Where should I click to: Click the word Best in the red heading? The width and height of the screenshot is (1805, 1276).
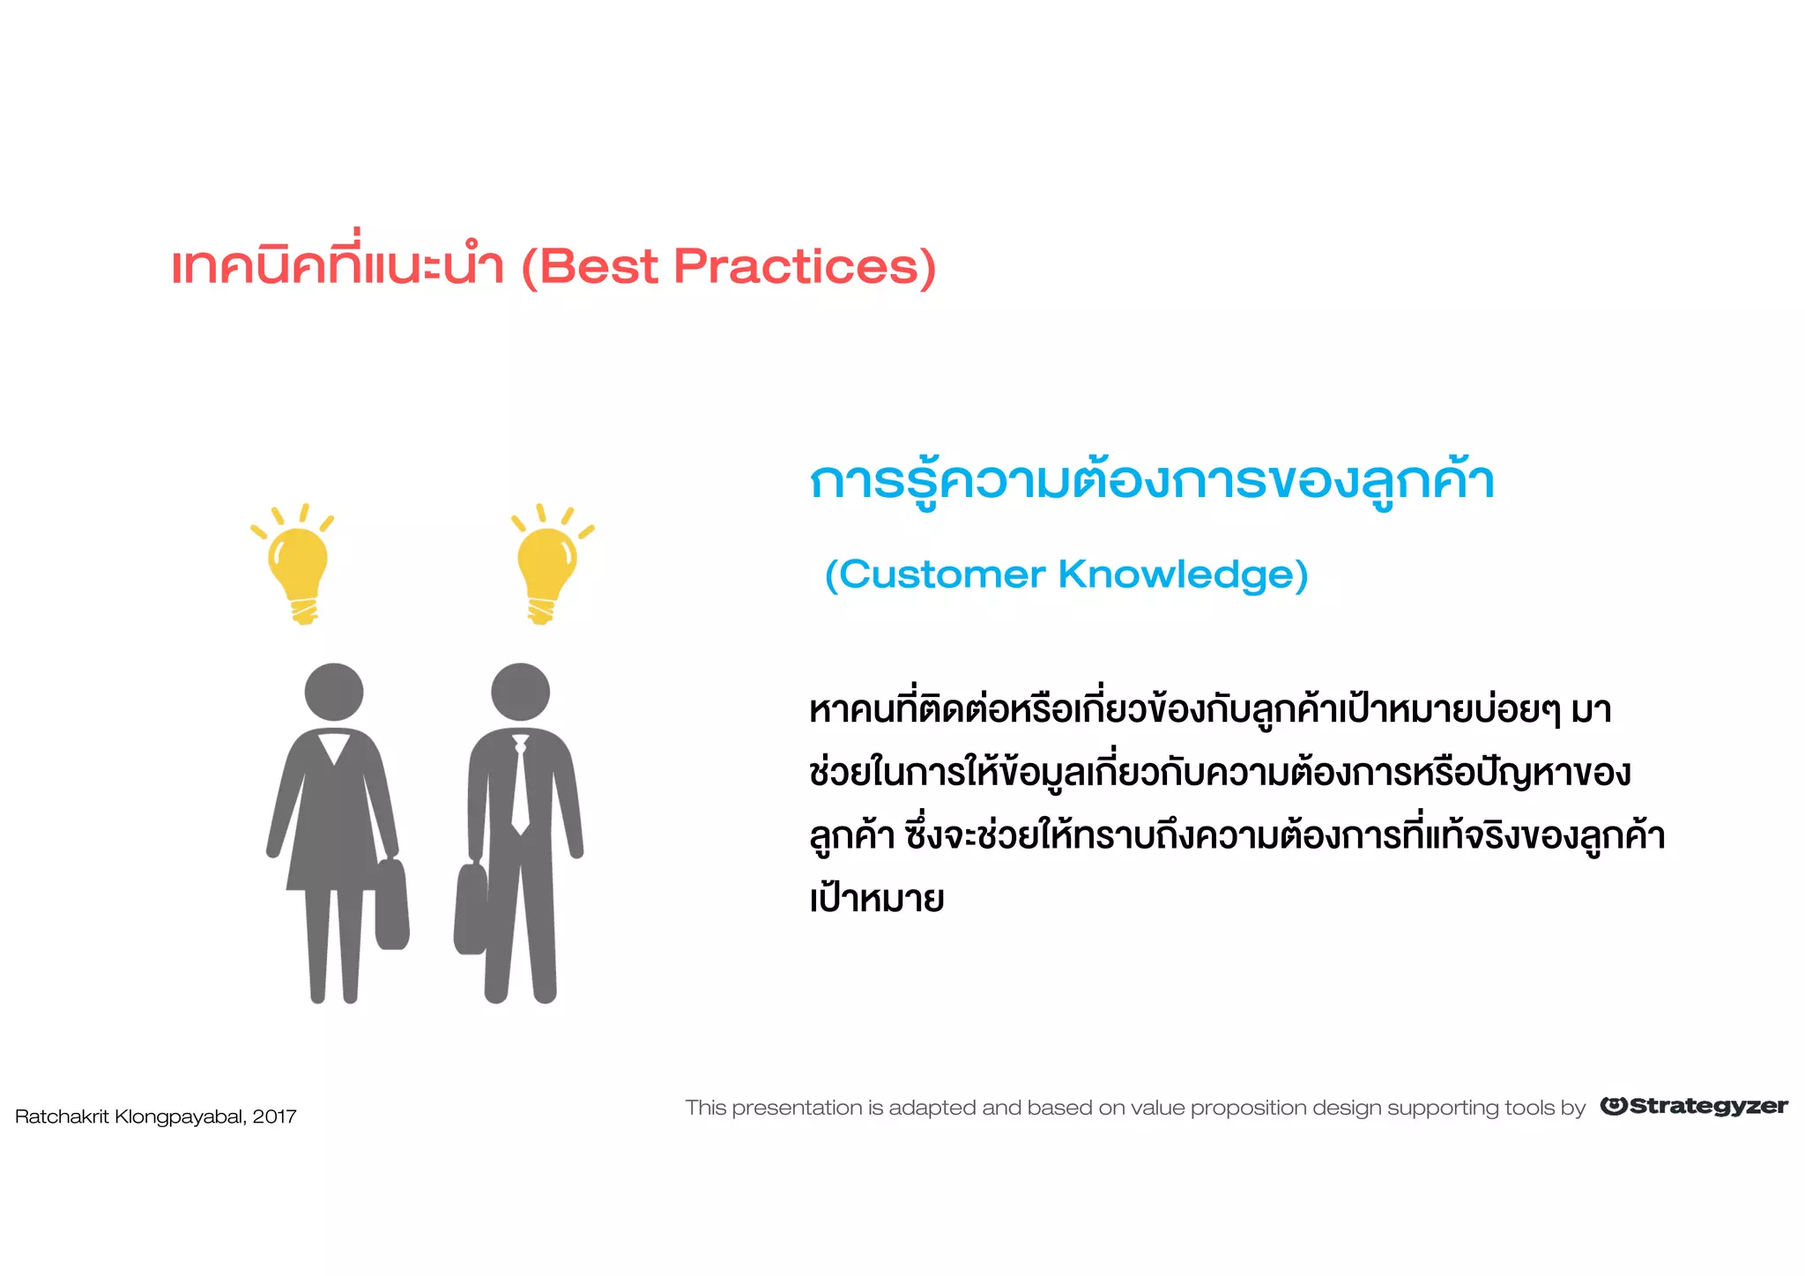599,267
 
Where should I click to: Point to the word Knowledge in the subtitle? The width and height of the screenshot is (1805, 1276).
1183,575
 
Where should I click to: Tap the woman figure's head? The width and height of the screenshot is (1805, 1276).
334,692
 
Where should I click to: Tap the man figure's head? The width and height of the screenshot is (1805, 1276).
520,692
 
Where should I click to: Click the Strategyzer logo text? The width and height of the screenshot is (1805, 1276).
1707,1107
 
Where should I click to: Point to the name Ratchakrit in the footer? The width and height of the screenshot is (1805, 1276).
62,1117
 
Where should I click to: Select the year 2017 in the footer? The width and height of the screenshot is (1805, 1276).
274,1117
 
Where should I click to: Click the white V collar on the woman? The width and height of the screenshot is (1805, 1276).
334,747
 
